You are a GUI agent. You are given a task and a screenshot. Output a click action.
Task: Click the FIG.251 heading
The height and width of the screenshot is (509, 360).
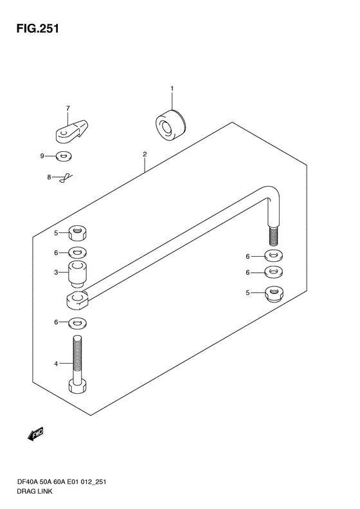38,29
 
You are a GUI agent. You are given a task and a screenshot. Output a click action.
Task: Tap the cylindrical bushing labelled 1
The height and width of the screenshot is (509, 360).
170,125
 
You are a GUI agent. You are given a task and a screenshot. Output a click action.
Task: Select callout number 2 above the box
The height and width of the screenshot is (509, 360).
145,154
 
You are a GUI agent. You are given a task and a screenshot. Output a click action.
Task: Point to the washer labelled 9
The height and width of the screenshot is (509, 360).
64,156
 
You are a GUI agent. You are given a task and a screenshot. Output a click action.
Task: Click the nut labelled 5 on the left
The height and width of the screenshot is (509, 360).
78,234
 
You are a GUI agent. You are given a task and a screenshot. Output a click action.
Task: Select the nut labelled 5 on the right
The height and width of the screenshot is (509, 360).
274,293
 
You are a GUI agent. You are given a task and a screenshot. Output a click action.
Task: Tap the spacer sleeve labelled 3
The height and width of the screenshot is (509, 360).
78,274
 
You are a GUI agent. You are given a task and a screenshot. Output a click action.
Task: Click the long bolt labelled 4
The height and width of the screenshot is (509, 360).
78,364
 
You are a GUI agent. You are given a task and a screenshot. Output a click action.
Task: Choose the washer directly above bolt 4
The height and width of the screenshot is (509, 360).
78,322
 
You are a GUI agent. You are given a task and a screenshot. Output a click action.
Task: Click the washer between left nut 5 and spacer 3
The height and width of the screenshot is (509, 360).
78,252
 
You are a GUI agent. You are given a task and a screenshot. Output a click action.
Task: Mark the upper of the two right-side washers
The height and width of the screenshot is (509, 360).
274,255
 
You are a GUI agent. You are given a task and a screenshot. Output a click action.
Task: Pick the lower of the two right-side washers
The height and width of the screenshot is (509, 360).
274,272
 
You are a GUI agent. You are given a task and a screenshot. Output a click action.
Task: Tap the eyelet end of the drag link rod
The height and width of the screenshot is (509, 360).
77,300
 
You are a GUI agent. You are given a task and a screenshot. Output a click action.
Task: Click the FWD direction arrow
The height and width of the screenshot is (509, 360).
35,434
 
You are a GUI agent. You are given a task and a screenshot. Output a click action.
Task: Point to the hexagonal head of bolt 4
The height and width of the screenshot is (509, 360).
78,386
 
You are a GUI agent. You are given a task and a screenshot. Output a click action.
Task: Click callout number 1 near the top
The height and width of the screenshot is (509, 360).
172,89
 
